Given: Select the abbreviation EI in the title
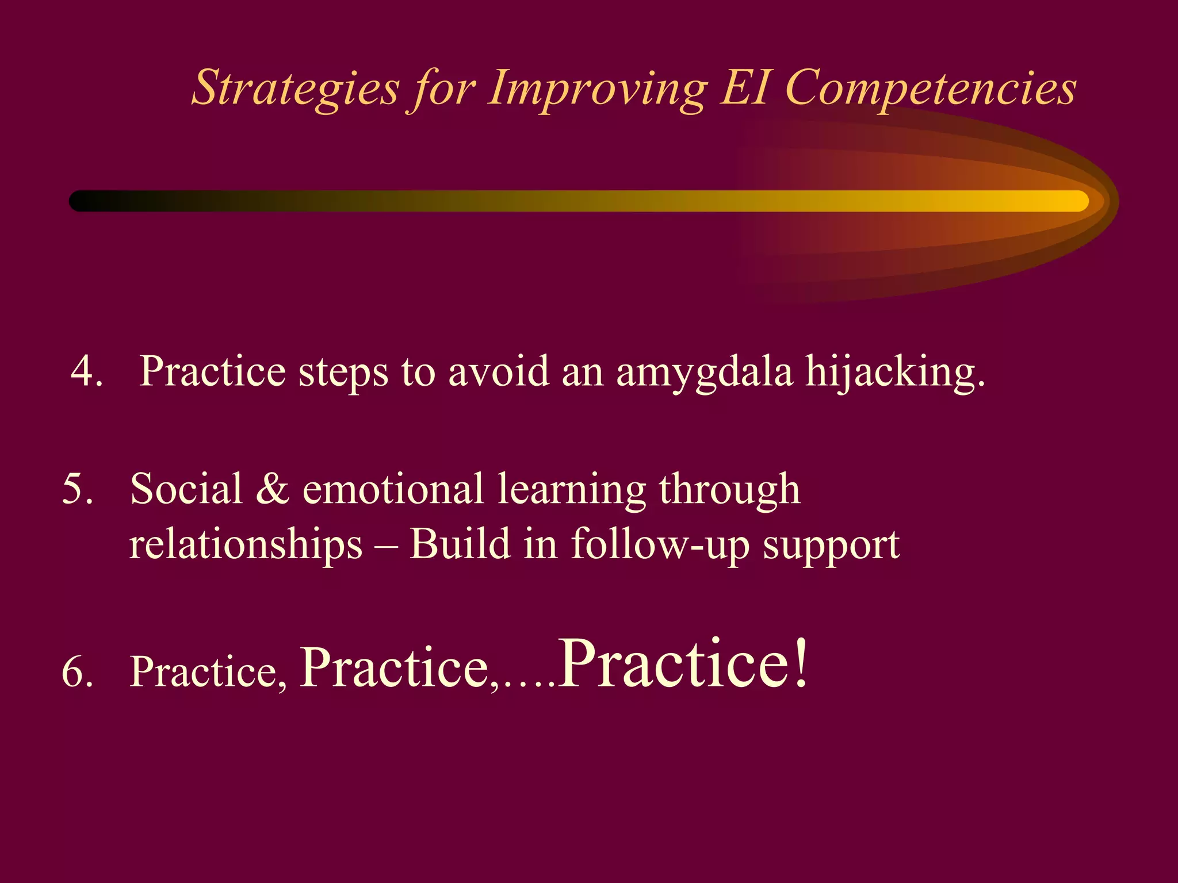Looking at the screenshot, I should (745, 87).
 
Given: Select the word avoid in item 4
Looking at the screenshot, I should (499, 371).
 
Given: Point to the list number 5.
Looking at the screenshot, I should (77, 489).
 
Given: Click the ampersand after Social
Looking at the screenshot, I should (273, 489).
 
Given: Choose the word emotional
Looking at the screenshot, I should (392, 489).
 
